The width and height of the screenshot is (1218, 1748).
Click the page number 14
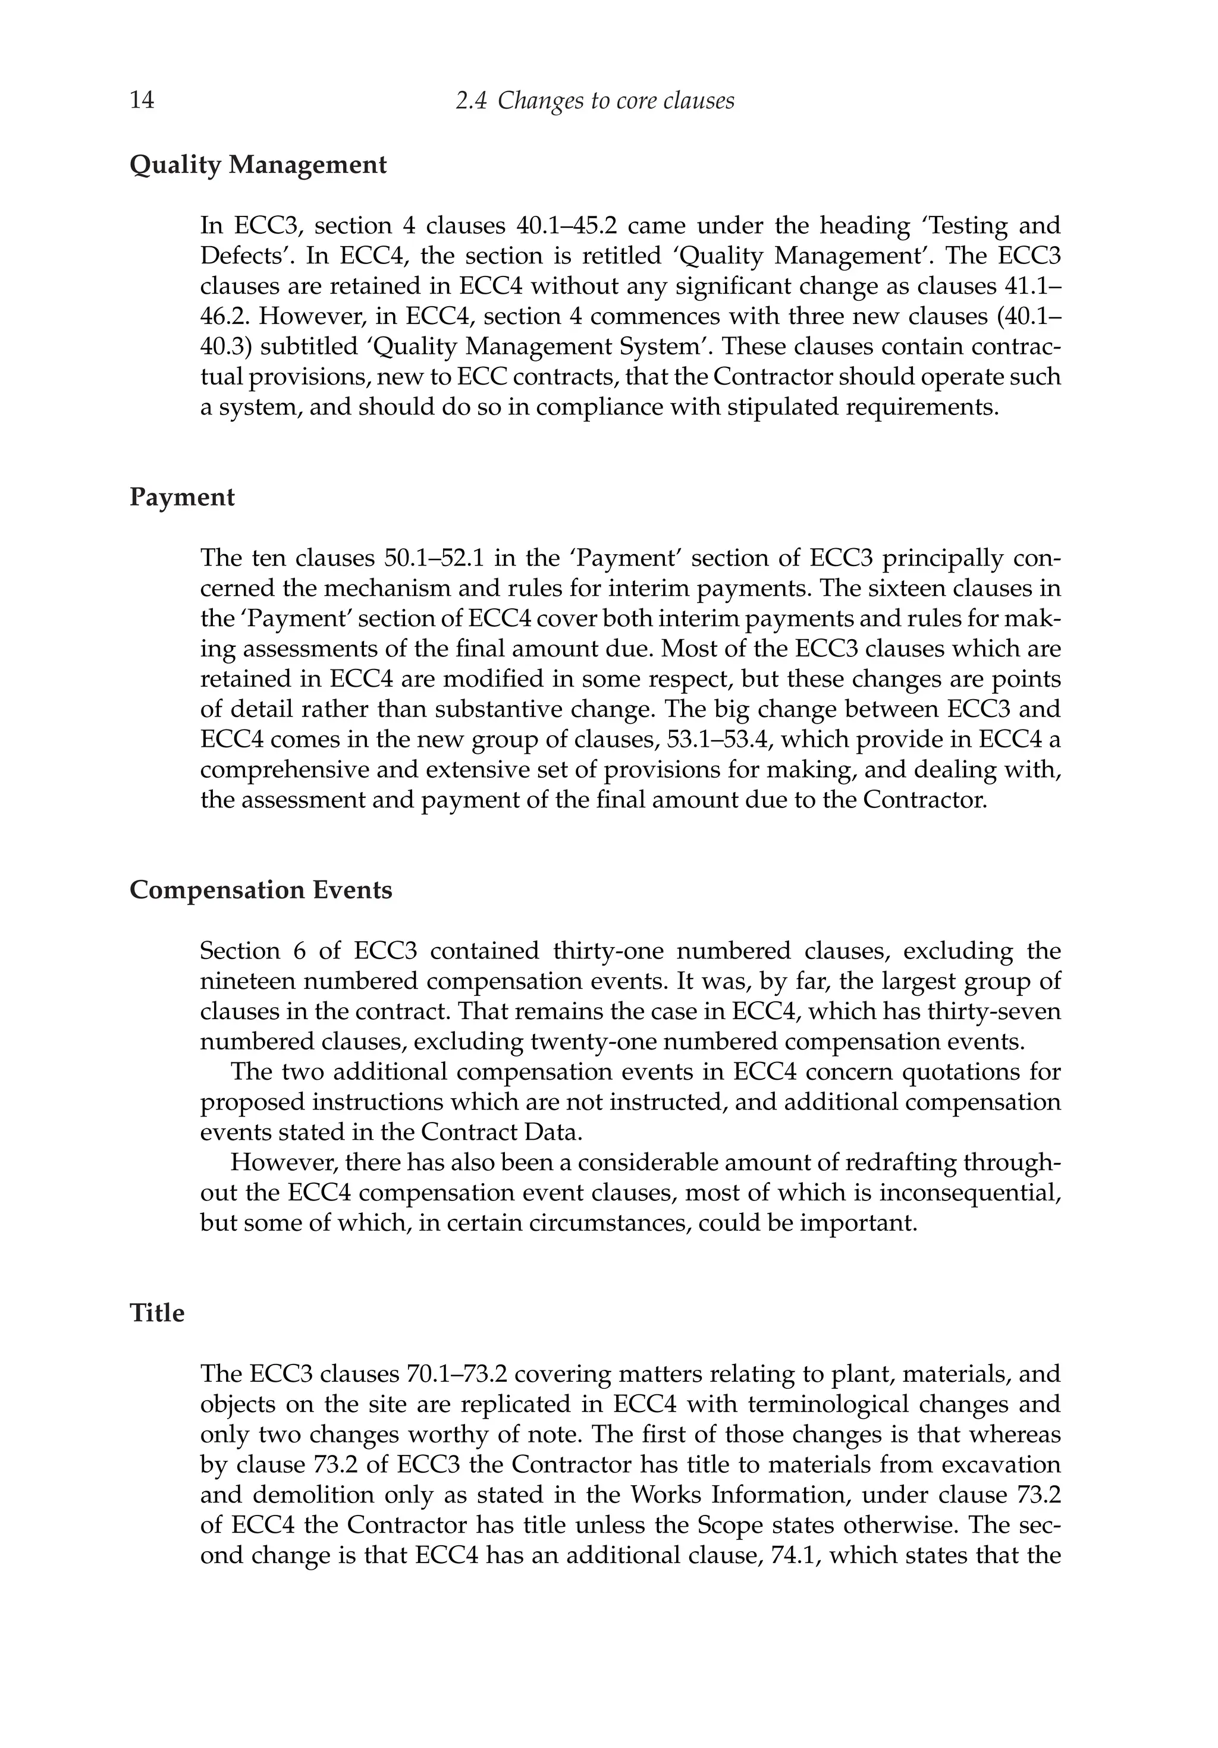pyautogui.click(x=142, y=100)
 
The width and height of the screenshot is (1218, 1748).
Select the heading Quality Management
pyautogui.click(x=258, y=165)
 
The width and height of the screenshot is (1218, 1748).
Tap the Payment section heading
pyautogui.click(x=182, y=497)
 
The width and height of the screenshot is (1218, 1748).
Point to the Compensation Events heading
pyautogui.click(x=260, y=889)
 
